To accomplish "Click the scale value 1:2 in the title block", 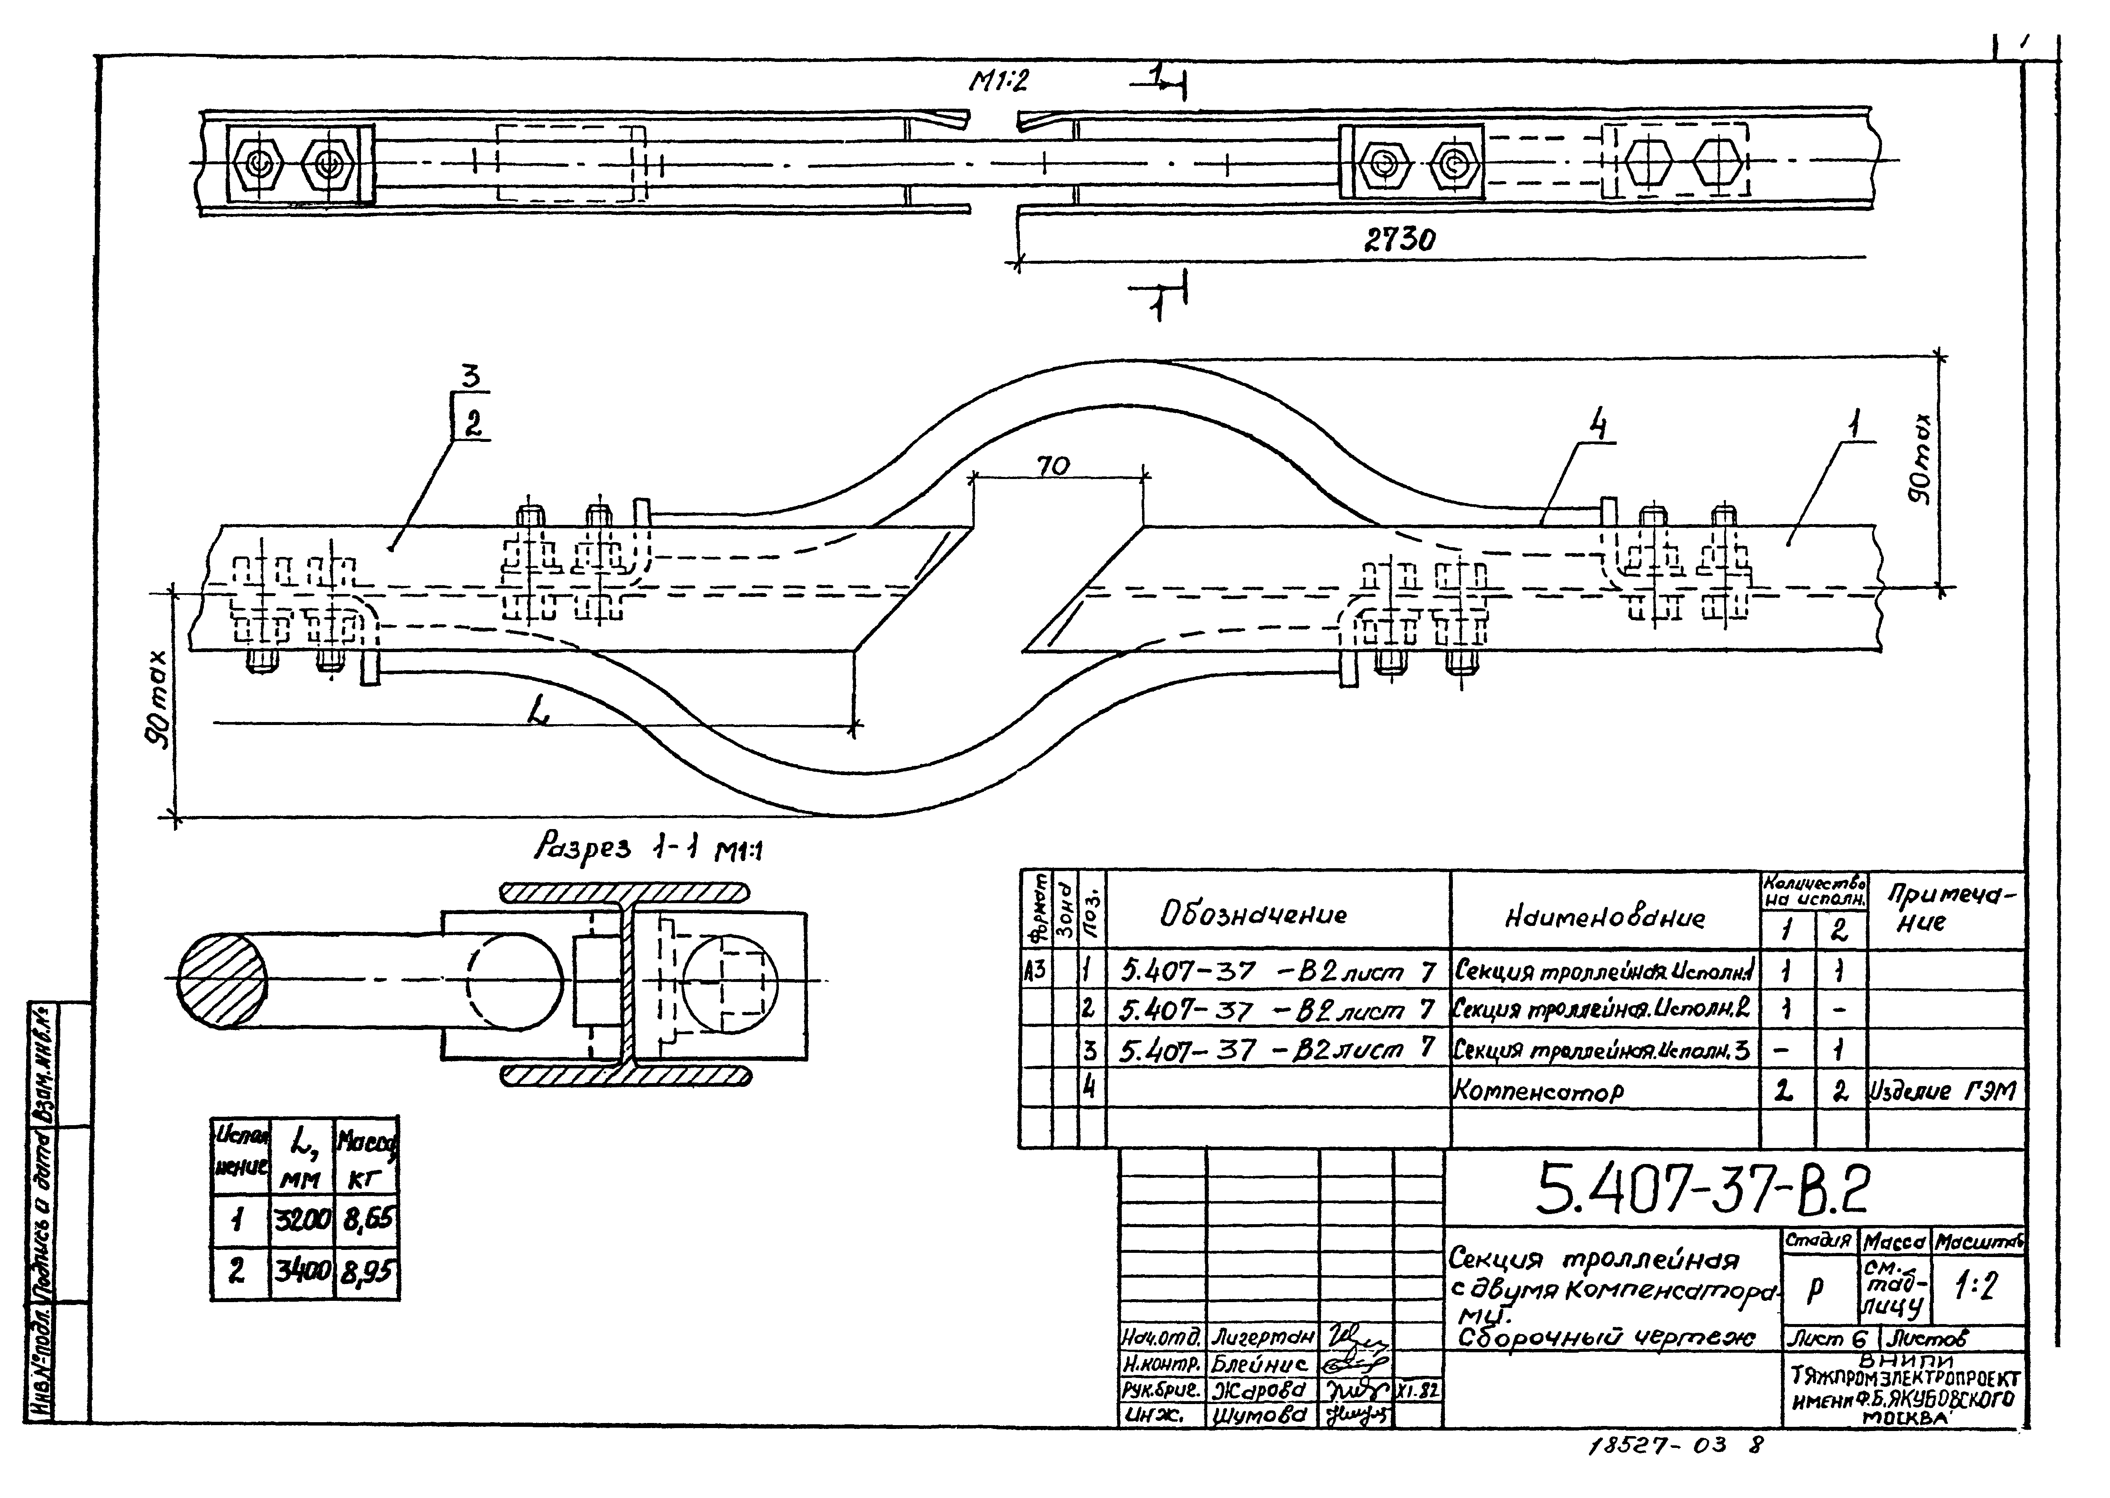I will pos(1976,1287).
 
